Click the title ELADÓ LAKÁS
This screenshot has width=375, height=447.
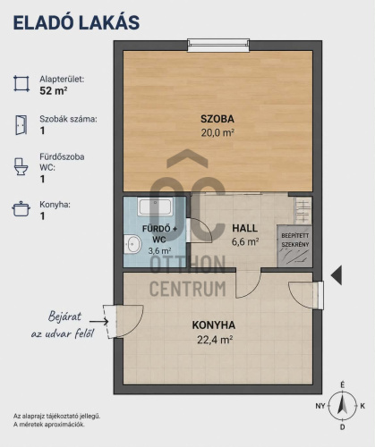[x=76, y=22]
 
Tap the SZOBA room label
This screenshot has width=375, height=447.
[x=217, y=119]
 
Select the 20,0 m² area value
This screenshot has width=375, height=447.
[x=217, y=132]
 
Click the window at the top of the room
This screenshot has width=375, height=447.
[x=218, y=46]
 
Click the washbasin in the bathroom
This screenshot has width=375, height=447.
[x=132, y=244]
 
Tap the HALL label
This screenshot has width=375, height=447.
[x=245, y=228]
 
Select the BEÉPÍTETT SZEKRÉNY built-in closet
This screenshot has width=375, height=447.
[x=294, y=246]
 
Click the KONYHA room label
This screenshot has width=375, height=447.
[x=214, y=325]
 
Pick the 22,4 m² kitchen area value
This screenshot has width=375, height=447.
[x=215, y=340]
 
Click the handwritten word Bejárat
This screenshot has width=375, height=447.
[x=64, y=316]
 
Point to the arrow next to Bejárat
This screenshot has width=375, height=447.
[x=98, y=322]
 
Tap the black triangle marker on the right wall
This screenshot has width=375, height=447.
[x=337, y=275]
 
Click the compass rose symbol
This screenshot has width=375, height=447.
[x=343, y=406]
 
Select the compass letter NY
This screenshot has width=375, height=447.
[x=320, y=406]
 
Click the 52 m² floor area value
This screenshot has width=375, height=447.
[x=54, y=90]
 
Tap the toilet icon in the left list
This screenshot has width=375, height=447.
[x=21, y=166]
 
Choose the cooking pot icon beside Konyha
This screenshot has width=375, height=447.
[x=21, y=208]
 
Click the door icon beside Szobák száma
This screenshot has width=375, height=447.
[x=21, y=125]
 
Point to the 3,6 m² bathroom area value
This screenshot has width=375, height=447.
[x=159, y=250]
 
